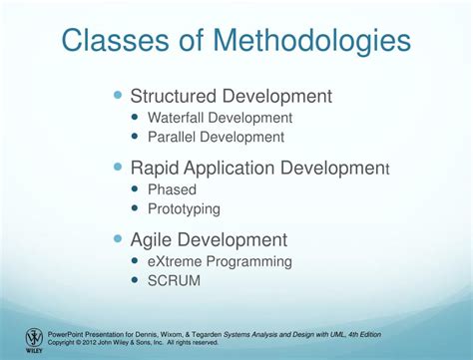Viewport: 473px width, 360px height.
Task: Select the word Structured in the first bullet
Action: point(175,97)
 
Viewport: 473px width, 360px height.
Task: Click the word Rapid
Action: point(156,169)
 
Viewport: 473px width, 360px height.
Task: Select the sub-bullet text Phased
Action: point(172,189)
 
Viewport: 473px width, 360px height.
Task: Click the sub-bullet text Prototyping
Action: point(184,209)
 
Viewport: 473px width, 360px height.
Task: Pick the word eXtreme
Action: point(176,261)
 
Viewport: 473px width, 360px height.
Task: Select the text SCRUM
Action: point(174,281)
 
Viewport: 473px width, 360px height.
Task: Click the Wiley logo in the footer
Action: point(34,340)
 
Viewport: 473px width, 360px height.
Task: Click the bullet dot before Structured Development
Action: point(119,96)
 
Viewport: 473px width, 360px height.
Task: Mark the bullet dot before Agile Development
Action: point(119,239)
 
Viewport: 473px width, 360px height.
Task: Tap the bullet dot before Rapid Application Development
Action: point(119,168)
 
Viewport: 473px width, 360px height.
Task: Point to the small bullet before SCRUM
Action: point(136,281)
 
